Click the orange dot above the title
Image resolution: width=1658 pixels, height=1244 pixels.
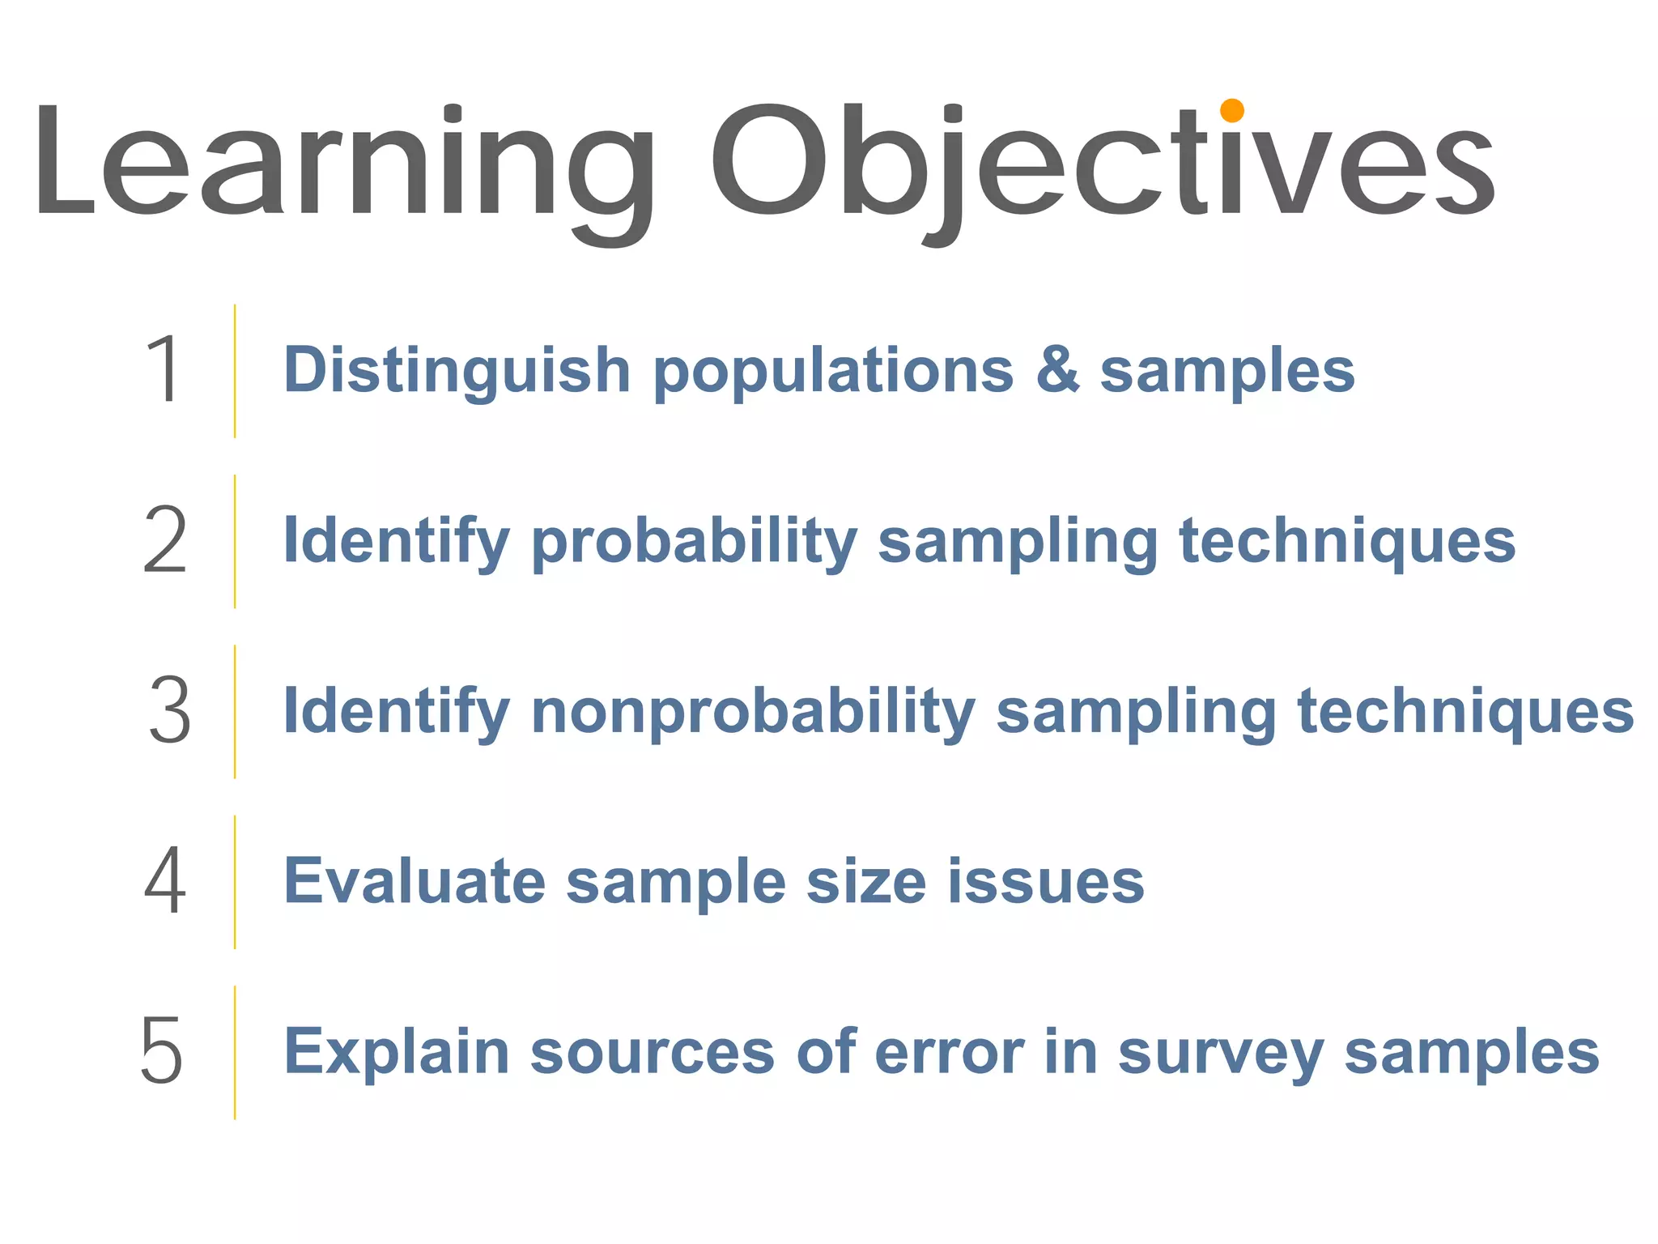1231,110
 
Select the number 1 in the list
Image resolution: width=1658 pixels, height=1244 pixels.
164,369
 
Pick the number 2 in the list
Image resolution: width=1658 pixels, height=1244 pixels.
165,540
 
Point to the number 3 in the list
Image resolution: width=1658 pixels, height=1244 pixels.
170,711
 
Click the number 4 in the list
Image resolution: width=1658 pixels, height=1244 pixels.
165,881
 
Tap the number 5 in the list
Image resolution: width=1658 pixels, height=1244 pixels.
162,1051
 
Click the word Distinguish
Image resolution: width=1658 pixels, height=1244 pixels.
457,371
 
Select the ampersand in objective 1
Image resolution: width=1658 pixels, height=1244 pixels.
1057,369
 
